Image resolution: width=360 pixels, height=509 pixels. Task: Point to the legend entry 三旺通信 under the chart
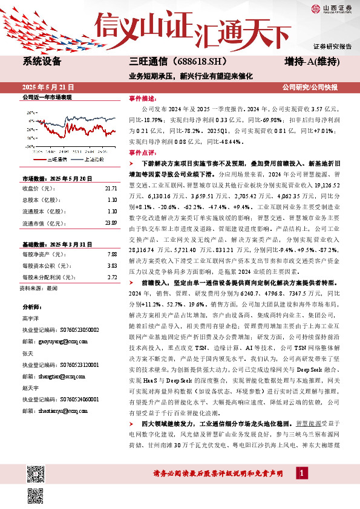58,158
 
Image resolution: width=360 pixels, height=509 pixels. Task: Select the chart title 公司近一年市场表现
47,97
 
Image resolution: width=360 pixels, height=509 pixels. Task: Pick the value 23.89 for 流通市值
111,223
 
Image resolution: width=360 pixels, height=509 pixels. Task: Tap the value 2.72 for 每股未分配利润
112,276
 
